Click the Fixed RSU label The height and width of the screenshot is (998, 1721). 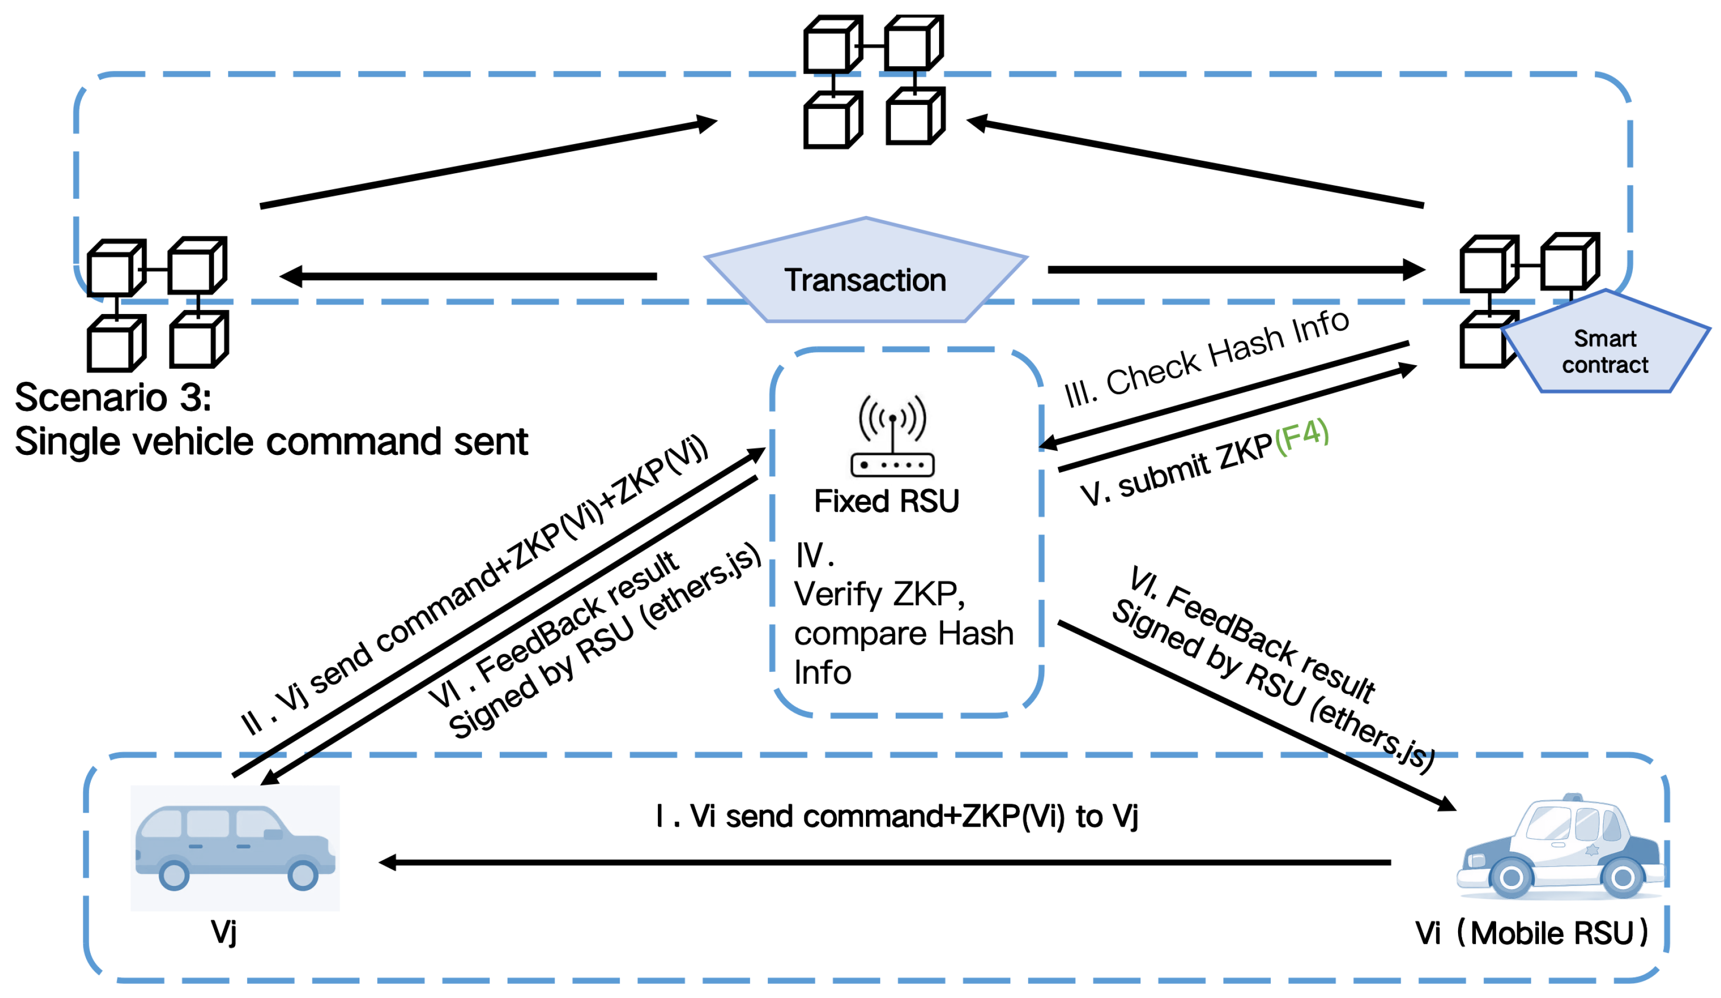[x=886, y=501]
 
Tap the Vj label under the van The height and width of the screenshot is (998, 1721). [x=224, y=932]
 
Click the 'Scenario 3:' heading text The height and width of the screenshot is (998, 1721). [x=113, y=398]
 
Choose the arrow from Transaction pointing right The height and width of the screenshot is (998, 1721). [x=1236, y=270]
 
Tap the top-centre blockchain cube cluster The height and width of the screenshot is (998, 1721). [x=874, y=82]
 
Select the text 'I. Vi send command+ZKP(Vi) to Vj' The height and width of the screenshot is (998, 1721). [x=897, y=817]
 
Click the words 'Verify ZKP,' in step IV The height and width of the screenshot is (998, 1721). [x=880, y=594]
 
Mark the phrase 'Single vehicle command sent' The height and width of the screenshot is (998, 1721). [x=271, y=442]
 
